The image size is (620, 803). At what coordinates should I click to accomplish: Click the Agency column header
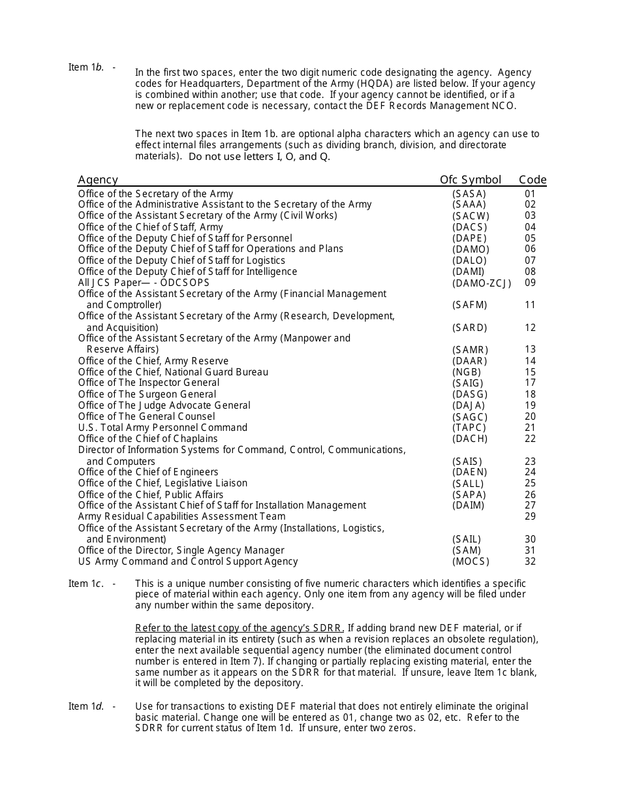click(x=98, y=180)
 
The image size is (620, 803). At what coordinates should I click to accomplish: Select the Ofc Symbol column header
click(x=470, y=180)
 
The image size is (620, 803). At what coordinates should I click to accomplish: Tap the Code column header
click(x=533, y=180)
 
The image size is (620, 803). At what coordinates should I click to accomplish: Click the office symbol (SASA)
click(x=469, y=194)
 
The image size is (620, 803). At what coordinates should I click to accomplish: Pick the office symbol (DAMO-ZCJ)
click(x=482, y=283)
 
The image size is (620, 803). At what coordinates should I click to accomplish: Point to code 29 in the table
click(x=530, y=516)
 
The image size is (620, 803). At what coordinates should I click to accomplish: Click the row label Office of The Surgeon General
click(x=147, y=394)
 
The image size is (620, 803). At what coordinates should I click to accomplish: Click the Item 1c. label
click(x=86, y=584)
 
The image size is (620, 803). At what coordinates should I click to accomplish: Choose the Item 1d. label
click(x=86, y=706)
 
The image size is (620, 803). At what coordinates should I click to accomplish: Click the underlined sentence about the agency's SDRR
click(x=240, y=628)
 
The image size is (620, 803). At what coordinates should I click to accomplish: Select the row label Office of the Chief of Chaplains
click(x=147, y=439)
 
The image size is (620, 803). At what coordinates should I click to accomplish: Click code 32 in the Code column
click(x=530, y=561)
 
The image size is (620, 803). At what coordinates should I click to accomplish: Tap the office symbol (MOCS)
click(x=470, y=561)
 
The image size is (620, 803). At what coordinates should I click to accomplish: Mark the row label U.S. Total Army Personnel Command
click(x=163, y=428)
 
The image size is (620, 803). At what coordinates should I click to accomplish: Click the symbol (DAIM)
click(x=469, y=505)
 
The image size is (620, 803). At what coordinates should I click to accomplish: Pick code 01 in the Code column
click(x=530, y=194)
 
